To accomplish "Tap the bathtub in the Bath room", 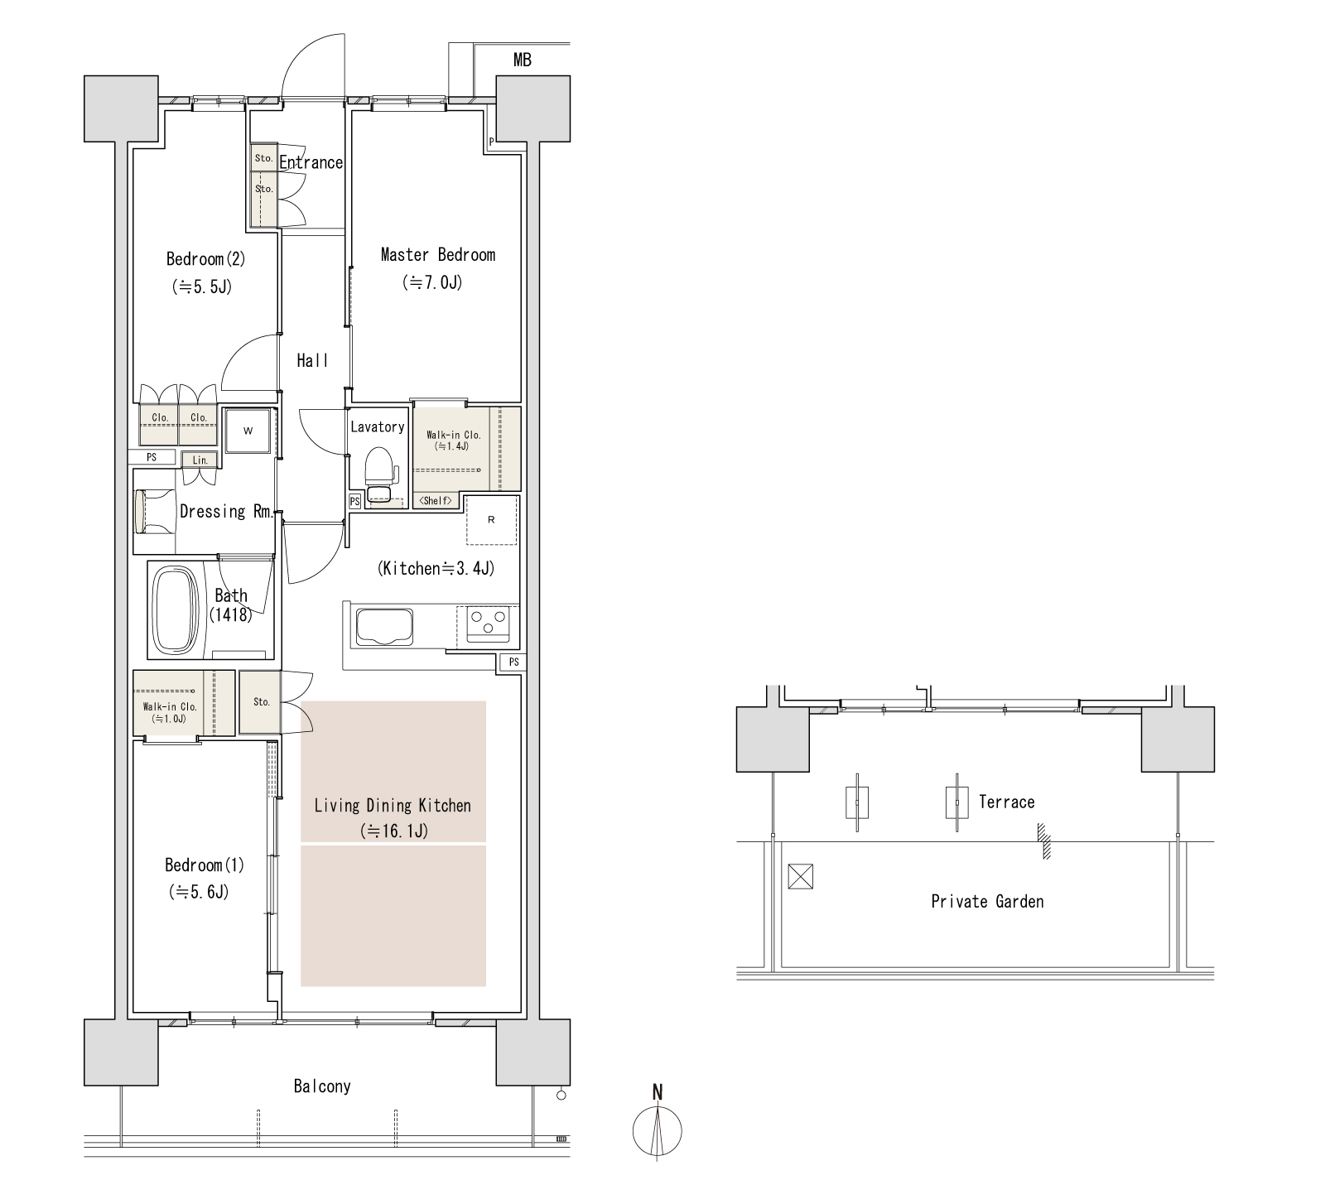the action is [x=178, y=610].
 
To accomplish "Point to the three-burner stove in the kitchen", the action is [x=489, y=624].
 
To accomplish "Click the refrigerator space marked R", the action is [x=491, y=520].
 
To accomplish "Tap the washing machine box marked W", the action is [x=248, y=431].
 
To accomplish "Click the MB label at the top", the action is [x=523, y=60].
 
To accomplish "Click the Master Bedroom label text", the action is [x=437, y=254].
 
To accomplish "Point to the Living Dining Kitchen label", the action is [x=393, y=805].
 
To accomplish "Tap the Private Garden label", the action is [x=987, y=901].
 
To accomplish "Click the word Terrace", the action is [x=1006, y=802].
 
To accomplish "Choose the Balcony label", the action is [x=322, y=1086].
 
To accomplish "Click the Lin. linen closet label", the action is [x=200, y=460].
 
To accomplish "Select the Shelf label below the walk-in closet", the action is [x=435, y=501].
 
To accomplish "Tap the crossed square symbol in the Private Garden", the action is [x=801, y=876].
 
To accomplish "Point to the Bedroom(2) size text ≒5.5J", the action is [x=201, y=287].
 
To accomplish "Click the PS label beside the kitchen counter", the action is [x=514, y=662].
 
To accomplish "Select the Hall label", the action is [x=312, y=360].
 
